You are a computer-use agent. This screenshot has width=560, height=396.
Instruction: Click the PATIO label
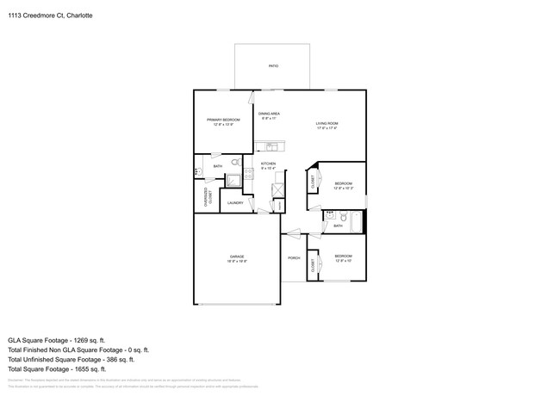(273, 65)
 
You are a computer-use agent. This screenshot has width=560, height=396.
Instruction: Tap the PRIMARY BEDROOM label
(223, 120)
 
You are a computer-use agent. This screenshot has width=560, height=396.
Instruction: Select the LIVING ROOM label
(327, 123)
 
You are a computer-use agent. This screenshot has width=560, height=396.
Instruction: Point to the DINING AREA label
(269, 114)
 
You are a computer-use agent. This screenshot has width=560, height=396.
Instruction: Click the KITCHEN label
(268, 163)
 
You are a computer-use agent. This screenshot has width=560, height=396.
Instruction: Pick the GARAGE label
(237, 257)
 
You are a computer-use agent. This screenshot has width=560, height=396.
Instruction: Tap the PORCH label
(294, 257)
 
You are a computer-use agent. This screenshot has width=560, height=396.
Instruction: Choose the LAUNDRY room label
(235, 203)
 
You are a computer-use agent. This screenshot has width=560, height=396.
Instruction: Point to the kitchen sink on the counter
(271, 146)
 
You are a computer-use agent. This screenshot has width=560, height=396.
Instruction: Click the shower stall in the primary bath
(233, 179)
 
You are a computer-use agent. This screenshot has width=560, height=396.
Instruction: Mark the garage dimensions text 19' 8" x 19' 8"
(237, 262)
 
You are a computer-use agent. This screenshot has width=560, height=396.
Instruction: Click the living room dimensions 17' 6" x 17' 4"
(327, 128)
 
